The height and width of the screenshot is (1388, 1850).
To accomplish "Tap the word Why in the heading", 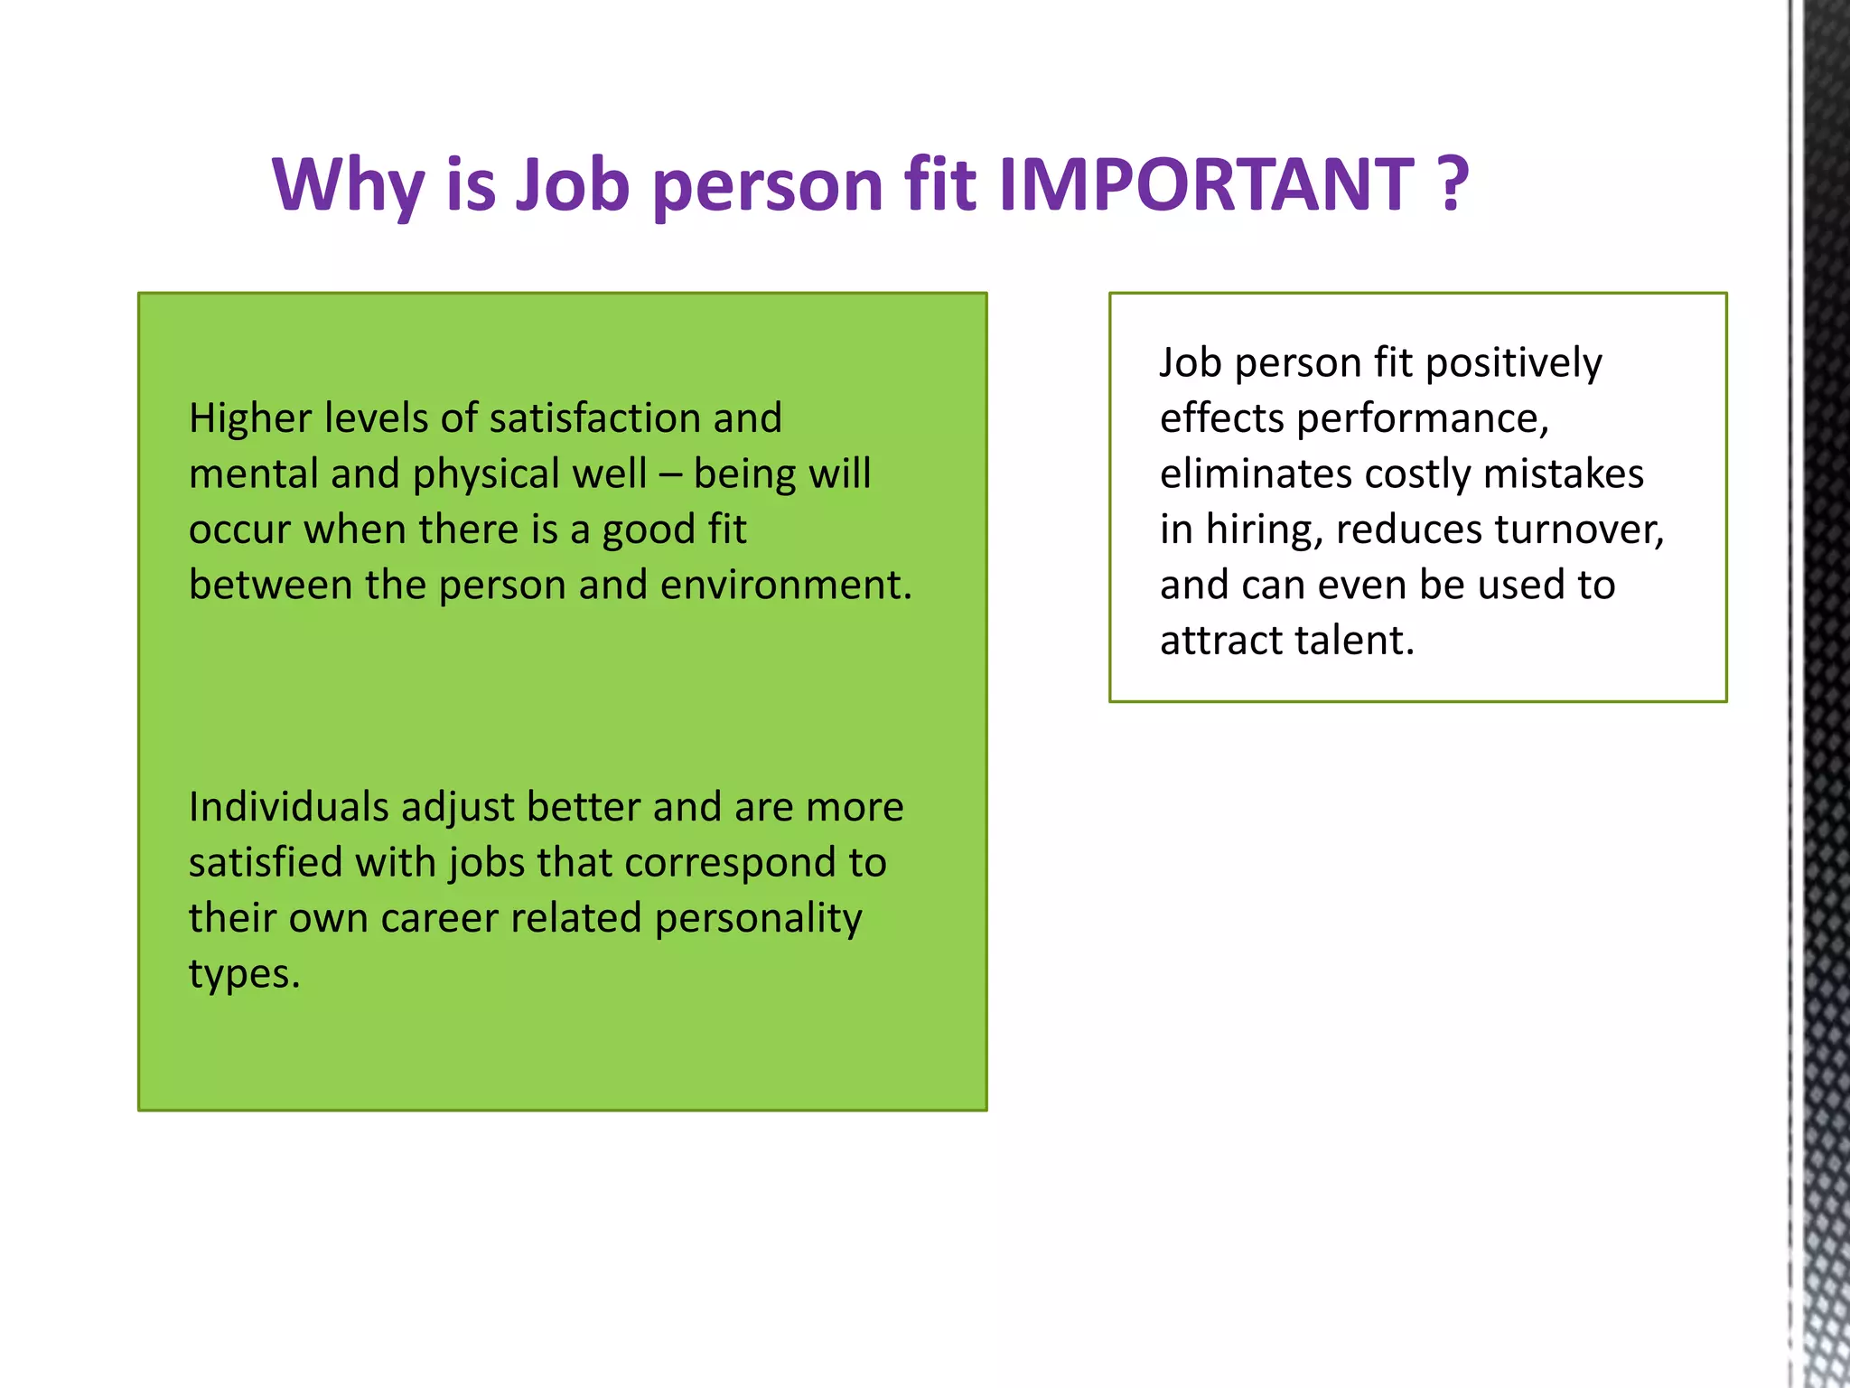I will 348,185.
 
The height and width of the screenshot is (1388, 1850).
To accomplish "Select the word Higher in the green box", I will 250,419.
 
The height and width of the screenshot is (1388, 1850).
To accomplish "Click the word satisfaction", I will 594,418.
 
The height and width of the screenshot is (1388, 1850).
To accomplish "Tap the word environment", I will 785,586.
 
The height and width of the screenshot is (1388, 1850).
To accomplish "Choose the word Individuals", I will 288,807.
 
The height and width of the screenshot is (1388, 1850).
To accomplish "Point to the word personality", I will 758,920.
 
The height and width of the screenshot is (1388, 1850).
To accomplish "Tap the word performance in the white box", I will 1422,419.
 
